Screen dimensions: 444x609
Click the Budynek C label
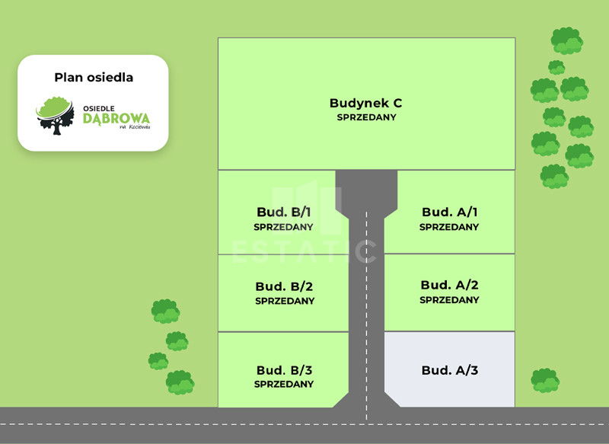pyautogui.click(x=365, y=103)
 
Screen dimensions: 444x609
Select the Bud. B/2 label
pyautogui.click(x=285, y=287)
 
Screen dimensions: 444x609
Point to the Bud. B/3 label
pyautogui.click(x=285, y=370)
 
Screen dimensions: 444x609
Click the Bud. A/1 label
pyautogui.click(x=449, y=212)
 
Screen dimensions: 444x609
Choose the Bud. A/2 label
pyautogui.click(x=449, y=285)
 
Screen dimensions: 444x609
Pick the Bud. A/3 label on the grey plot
pyautogui.click(x=449, y=370)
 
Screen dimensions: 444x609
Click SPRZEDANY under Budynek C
pyautogui.click(x=366, y=118)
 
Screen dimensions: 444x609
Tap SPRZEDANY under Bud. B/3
pyautogui.click(x=284, y=385)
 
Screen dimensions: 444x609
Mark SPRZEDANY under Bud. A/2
pyautogui.click(x=449, y=300)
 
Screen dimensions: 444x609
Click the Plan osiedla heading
pyautogui.click(x=93, y=77)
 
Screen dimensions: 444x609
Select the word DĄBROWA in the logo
pyautogui.click(x=116, y=119)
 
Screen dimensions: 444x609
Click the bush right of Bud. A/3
pyautogui.click(x=545, y=380)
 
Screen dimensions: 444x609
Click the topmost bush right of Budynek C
pyautogui.click(x=566, y=40)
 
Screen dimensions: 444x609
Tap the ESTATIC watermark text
pyautogui.click(x=304, y=251)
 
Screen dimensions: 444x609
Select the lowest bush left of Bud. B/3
pyautogui.click(x=180, y=382)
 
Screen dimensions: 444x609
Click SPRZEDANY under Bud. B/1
pyautogui.click(x=284, y=227)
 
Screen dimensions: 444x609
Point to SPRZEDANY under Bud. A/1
pyautogui.click(x=449, y=227)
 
